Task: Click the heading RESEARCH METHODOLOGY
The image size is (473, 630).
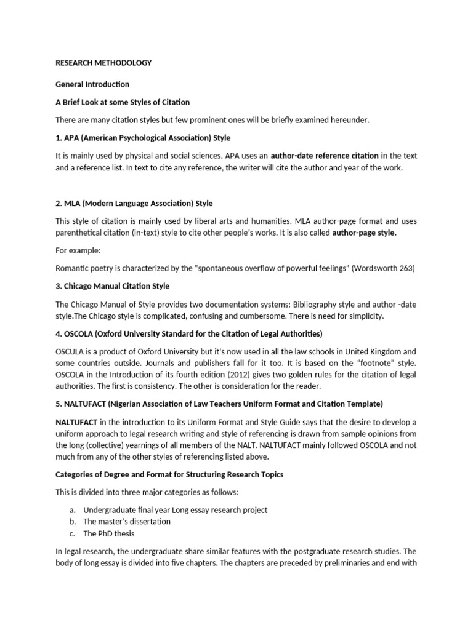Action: point(103,63)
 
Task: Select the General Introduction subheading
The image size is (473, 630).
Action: point(92,84)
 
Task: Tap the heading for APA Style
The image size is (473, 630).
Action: point(143,137)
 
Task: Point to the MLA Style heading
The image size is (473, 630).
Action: point(134,203)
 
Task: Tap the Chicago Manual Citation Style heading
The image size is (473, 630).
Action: point(112,286)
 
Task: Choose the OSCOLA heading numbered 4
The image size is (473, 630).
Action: point(189,333)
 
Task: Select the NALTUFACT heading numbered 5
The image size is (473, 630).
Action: point(219,404)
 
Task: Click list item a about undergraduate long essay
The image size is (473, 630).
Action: point(175,510)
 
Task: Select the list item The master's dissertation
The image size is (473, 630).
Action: point(127,522)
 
